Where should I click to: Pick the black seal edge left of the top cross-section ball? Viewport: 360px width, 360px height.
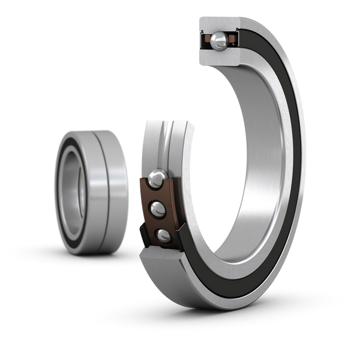click(x=202, y=40)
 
